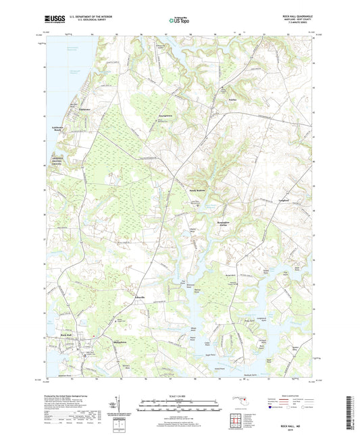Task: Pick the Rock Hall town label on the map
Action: pyautogui.click(x=66, y=335)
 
